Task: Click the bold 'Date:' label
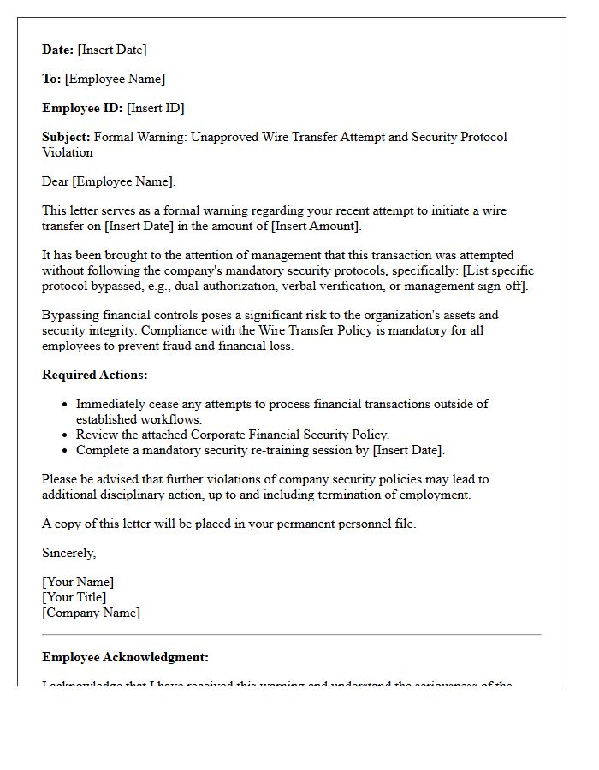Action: tap(58, 50)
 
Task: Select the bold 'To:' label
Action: tap(51, 79)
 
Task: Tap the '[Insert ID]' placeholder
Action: tap(156, 108)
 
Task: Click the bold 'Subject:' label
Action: tap(66, 137)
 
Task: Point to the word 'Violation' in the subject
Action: tap(68, 152)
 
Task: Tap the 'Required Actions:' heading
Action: tap(95, 375)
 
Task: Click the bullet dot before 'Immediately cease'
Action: tap(65, 404)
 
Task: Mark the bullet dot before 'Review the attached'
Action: tap(65, 435)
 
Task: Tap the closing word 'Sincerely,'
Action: tap(69, 553)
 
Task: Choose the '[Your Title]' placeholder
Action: tap(74, 597)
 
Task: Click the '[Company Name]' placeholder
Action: tap(92, 613)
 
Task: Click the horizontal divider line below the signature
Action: tap(292, 635)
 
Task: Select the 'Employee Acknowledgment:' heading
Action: tap(125, 657)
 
